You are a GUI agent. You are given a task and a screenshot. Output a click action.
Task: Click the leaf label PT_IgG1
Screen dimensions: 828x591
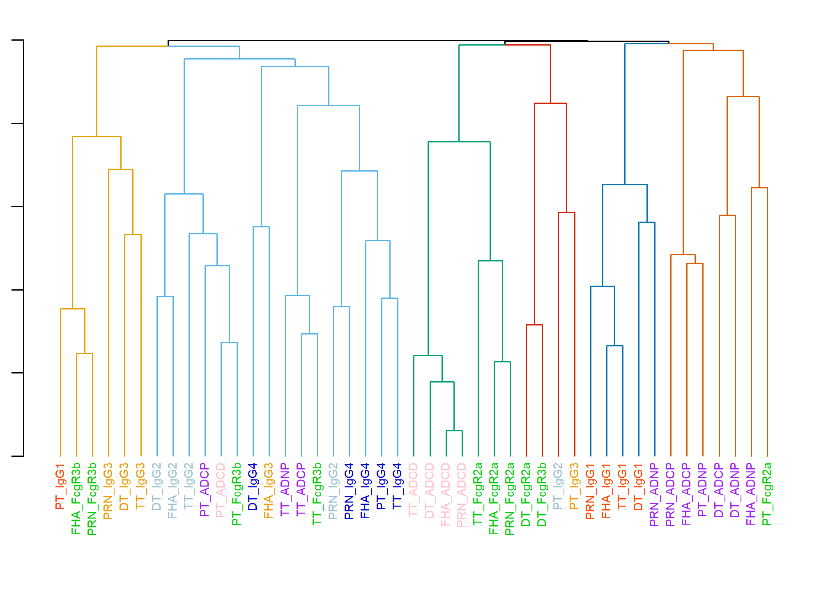[60, 487]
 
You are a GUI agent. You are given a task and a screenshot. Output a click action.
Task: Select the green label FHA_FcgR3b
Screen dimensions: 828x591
[76, 499]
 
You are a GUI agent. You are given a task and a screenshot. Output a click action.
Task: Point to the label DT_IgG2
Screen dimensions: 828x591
[157, 487]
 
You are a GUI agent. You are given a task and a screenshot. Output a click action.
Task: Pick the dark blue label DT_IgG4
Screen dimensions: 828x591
[253, 487]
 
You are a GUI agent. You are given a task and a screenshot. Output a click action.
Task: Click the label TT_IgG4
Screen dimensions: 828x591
[398, 486]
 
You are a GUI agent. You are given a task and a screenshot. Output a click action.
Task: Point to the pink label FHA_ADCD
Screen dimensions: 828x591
[446, 495]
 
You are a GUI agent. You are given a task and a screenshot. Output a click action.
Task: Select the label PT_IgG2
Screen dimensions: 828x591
[558, 487]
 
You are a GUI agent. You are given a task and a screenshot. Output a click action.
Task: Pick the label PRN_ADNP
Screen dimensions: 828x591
[655, 495]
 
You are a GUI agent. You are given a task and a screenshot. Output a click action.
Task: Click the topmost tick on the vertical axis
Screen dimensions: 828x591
[17, 40]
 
